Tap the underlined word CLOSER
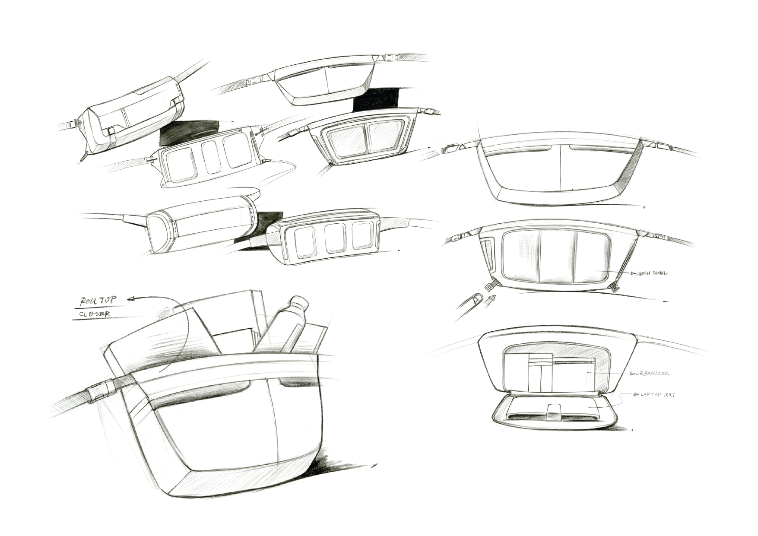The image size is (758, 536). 95,314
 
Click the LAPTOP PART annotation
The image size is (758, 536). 653,395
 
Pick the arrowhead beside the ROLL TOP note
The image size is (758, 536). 132,298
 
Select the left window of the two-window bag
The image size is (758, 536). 346,137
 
